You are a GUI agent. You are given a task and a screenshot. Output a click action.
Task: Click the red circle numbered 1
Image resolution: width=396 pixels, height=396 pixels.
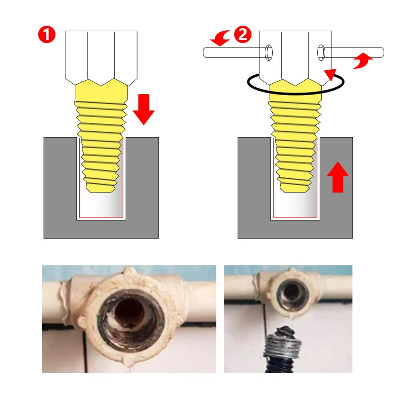click(47, 36)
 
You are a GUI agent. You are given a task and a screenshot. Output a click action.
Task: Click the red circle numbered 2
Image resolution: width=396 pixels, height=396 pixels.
click(243, 36)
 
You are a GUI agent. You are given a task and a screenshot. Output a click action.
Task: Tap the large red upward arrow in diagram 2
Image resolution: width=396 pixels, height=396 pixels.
click(338, 176)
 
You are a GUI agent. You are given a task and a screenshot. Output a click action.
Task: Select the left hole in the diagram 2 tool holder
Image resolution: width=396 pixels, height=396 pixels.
click(268, 52)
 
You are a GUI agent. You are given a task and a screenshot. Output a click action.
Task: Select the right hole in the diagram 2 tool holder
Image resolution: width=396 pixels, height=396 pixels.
click(321, 52)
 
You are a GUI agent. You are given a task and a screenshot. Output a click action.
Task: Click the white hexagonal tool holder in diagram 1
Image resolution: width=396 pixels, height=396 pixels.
click(101, 54)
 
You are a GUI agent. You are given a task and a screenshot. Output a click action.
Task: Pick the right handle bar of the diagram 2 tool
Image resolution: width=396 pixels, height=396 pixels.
click(354, 51)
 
